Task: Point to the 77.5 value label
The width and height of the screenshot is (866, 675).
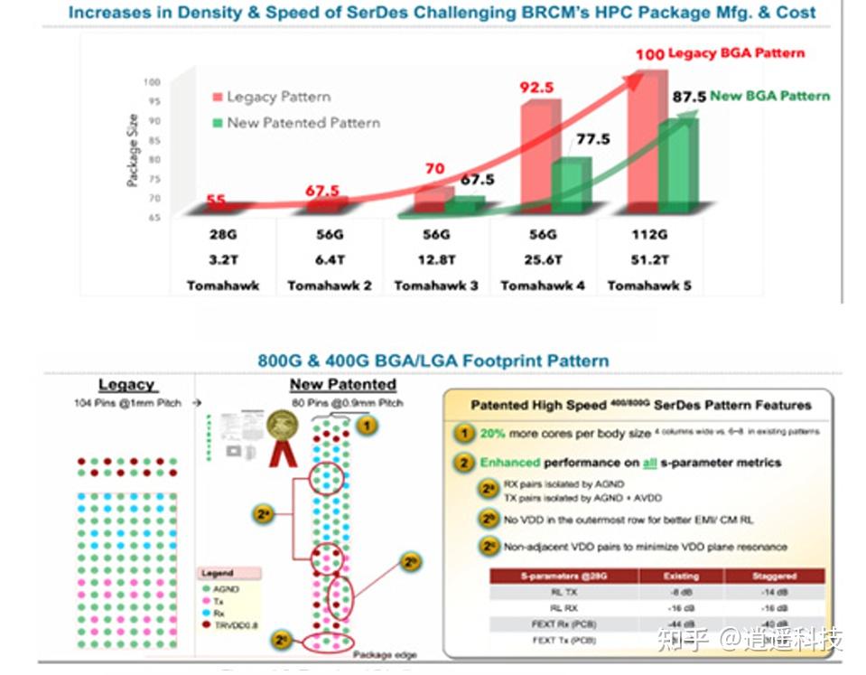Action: (592, 139)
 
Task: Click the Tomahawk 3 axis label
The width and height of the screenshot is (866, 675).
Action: (435, 286)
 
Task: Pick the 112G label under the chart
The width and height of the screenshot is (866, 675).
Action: (649, 235)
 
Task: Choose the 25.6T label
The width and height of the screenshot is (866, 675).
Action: (543, 260)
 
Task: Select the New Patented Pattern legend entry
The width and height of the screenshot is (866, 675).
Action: (303, 123)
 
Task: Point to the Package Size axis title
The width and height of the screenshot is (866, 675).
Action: (133, 150)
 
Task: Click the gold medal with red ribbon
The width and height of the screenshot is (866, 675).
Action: (282, 429)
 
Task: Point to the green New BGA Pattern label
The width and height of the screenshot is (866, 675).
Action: (769, 96)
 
